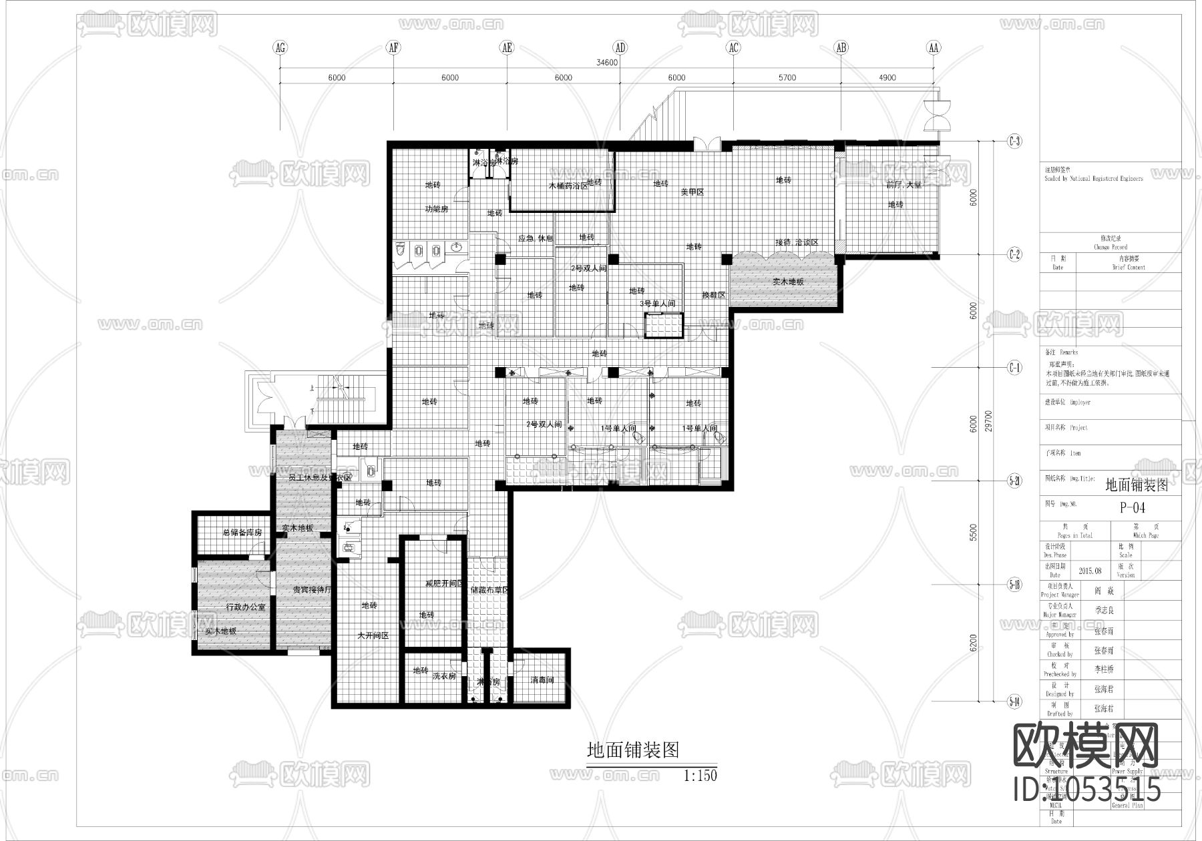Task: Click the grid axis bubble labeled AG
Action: pyautogui.click(x=280, y=47)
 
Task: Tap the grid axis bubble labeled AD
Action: pyautogui.click(x=620, y=47)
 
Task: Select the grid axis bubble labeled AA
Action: pyautogui.click(x=934, y=47)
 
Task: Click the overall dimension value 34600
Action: pyautogui.click(x=607, y=63)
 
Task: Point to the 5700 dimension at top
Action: pyautogui.click(x=787, y=77)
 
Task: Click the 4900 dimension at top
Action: pyautogui.click(x=887, y=77)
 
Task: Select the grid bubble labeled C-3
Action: pyautogui.click(x=1014, y=141)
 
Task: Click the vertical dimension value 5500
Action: pyautogui.click(x=973, y=532)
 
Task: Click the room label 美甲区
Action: pyautogui.click(x=692, y=192)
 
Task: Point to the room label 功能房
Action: pyautogui.click(x=437, y=209)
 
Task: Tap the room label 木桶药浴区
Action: pyautogui.click(x=568, y=186)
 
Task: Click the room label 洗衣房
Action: pyautogui.click(x=444, y=676)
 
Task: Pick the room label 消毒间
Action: pyautogui.click(x=542, y=680)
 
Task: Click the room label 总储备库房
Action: pyautogui.click(x=232, y=533)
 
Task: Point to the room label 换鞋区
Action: pyautogui.click(x=713, y=294)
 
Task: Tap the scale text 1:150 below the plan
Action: pyautogui.click(x=700, y=776)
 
